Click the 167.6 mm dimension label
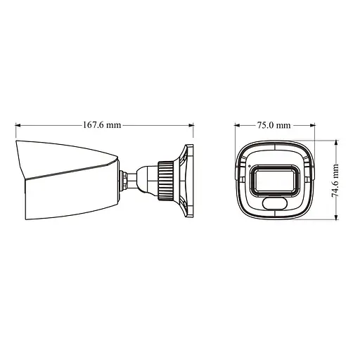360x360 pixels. pos(103,126)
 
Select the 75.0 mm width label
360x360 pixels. pos(274,126)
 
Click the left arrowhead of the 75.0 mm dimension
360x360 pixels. pos(237,126)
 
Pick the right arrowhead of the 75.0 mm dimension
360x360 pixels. pos(312,126)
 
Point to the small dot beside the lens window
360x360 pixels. pos(248,167)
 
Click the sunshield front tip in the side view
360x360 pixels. pos(18,145)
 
